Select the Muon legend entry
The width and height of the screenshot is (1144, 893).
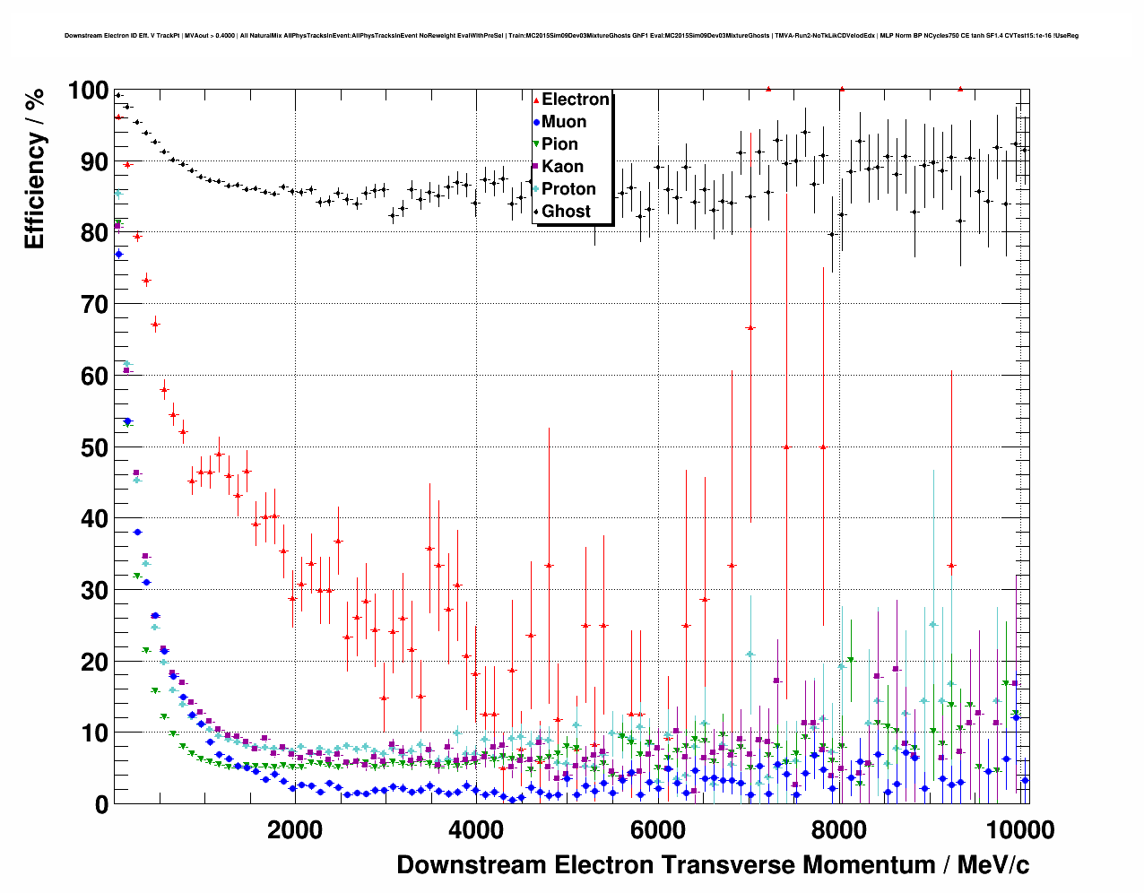click(x=564, y=122)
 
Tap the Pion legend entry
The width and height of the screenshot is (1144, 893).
click(x=559, y=144)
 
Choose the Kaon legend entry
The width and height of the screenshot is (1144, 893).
click(x=562, y=167)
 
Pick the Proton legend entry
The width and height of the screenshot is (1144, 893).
click(x=568, y=189)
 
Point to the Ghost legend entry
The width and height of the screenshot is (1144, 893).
click(x=566, y=212)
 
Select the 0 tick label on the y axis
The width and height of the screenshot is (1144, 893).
click(x=101, y=804)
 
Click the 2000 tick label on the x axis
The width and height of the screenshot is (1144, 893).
click(x=295, y=829)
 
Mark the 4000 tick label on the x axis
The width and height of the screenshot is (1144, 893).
click(x=476, y=829)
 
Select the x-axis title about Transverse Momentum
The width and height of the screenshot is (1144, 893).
click(x=713, y=865)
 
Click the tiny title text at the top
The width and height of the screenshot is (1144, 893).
click(x=571, y=36)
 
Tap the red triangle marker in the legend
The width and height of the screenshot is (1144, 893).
click(x=536, y=100)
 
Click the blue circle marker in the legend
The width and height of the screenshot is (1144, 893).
click(x=536, y=123)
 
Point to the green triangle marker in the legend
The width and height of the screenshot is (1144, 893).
click(x=536, y=145)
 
